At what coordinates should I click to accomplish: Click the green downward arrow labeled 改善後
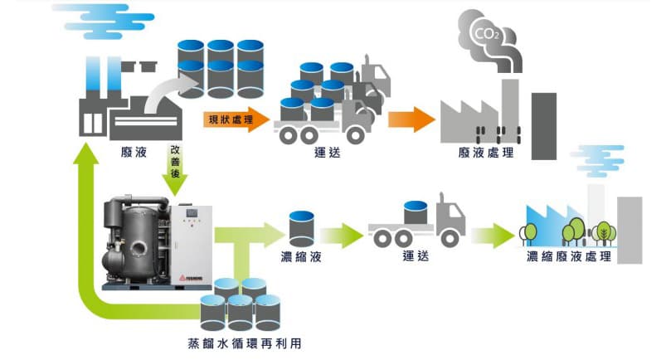[x=176, y=171]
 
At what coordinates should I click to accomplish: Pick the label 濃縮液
[x=300, y=255]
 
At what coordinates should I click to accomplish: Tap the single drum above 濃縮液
[x=300, y=227]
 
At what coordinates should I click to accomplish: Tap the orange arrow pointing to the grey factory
[x=411, y=119]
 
